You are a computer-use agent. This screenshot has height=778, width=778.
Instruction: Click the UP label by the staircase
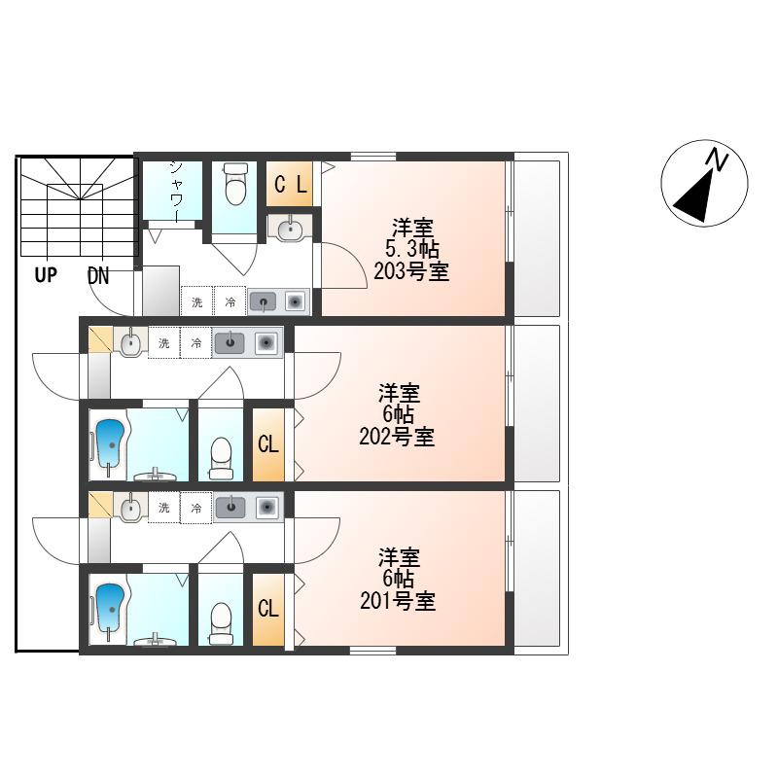(46, 275)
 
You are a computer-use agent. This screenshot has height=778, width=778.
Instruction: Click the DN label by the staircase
(98, 276)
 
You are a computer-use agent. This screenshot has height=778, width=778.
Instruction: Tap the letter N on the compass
(717, 159)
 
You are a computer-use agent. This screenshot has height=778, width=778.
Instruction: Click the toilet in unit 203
(235, 184)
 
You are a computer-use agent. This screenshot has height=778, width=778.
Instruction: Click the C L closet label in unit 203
(290, 185)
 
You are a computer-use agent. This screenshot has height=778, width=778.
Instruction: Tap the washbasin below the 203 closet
(290, 230)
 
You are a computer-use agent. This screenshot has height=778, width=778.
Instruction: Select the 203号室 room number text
(411, 272)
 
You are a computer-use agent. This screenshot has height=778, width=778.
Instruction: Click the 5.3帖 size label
(412, 250)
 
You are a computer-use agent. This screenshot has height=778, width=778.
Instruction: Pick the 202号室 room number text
(397, 437)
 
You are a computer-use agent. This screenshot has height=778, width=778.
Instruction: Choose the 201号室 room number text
(398, 601)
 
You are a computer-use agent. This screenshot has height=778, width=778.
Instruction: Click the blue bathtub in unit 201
(110, 607)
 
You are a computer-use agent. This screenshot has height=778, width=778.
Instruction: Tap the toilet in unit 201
(221, 623)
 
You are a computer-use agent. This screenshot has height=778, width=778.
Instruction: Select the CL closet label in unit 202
(268, 444)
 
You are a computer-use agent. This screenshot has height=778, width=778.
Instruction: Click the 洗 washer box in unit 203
(197, 301)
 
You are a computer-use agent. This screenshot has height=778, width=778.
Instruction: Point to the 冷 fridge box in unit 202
(196, 343)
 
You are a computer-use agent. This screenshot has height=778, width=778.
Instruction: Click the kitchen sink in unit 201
(230, 507)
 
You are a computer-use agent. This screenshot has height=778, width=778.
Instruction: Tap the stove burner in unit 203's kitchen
(295, 301)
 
